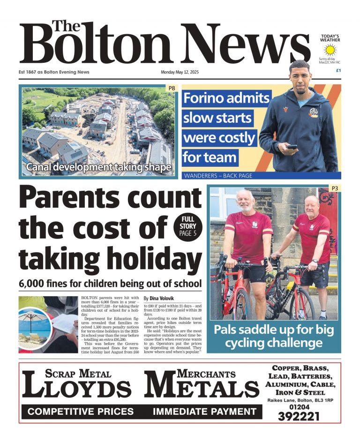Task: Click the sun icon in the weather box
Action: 331,50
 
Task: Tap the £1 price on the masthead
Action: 338,70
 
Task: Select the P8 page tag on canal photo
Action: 172,88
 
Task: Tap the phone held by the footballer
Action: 292,147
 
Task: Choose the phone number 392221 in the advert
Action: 300,416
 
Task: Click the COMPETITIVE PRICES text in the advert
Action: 81,412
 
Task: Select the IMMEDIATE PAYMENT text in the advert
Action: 204,412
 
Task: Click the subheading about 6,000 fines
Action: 110,284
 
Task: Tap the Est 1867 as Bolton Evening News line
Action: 54,72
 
